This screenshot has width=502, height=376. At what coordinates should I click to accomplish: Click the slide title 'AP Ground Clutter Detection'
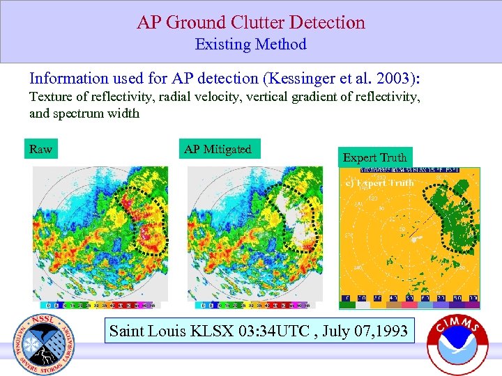tap(251, 22)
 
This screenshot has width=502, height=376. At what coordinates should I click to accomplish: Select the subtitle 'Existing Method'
tap(251, 45)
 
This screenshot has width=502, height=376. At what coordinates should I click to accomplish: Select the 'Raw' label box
tap(41, 149)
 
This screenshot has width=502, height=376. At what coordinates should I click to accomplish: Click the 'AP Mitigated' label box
tap(218, 149)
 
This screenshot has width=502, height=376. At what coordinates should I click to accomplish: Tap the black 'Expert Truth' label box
tap(374, 157)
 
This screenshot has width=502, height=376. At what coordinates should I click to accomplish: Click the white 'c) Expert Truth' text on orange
tap(381, 183)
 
